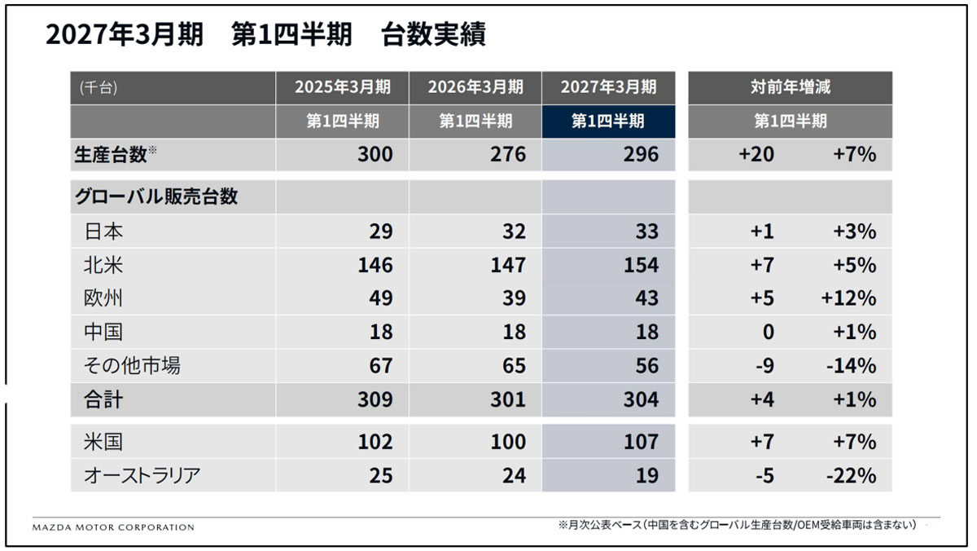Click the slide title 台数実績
click(433, 34)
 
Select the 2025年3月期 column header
click(343, 87)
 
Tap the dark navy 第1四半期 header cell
click(608, 121)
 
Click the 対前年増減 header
click(791, 87)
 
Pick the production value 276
click(508, 154)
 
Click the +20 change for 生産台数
click(756, 154)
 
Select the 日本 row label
click(103, 231)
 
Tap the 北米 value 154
click(641, 265)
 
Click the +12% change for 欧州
click(848, 298)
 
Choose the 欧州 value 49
click(381, 298)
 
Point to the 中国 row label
click(103, 332)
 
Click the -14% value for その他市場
click(851, 365)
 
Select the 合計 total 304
click(641, 399)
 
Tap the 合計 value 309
click(375, 399)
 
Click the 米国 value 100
click(508, 442)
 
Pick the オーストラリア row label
click(142, 475)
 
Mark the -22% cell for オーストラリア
click(851, 475)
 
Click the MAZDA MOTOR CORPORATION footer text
click(113, 527)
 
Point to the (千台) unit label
click(99, 88)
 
